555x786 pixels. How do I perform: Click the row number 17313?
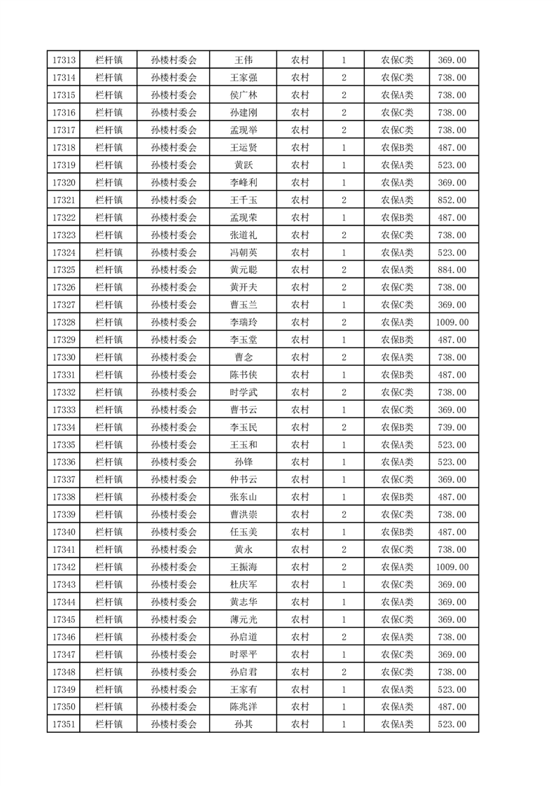64,60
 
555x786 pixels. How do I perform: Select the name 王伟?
243,60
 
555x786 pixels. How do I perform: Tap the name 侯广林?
243,95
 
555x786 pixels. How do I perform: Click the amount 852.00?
452,200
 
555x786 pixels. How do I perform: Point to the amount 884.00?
452,270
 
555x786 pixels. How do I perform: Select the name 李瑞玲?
243,322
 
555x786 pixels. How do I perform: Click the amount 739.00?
452,427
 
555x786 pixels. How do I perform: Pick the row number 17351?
64,724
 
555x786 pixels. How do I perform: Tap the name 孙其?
243,724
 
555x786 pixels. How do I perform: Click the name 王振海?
243,567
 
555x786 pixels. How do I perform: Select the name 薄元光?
243,619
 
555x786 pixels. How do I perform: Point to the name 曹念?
243,357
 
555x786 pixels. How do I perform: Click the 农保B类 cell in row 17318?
397,148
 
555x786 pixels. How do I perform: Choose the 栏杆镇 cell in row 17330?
108,357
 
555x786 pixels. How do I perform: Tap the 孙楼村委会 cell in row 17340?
174,532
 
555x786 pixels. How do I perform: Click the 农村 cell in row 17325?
300,270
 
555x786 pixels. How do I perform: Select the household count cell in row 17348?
344,672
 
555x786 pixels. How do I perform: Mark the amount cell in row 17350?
452,707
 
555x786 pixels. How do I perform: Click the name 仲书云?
243,479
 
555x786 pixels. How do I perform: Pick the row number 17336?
64,462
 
